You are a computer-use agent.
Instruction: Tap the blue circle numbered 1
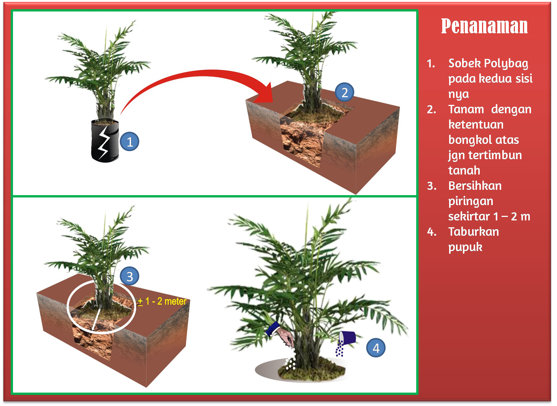[x=130, y=142]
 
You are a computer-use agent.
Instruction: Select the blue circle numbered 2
[x=344, y=92]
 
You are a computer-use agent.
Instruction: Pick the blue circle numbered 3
[x=130, y=276]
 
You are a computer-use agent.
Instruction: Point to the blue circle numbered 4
[x=376, y=348]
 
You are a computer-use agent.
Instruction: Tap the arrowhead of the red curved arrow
[x=265, y=93]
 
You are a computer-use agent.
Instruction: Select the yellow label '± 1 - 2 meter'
[x=162, y=301]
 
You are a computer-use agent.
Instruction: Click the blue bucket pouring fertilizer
[x=347, y=338]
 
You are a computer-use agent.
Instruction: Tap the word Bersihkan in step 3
[x=475, y=186]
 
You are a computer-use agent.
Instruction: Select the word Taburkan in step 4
[x=474, y=232]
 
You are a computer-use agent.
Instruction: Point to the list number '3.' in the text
[x=432, y=186]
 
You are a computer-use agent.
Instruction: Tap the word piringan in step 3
[x=471, y=202]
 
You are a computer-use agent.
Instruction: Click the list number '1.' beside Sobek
[x=431, y=64]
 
